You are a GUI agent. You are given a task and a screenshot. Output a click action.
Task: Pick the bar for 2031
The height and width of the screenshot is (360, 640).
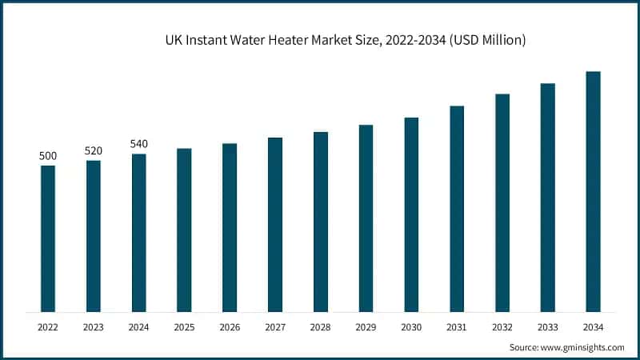(x=457, y=208)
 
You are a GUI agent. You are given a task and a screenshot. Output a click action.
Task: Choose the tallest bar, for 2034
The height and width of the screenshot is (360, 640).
(x=593, y=191)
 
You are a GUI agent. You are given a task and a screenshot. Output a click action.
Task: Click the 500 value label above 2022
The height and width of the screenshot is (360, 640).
(x=48, y=155)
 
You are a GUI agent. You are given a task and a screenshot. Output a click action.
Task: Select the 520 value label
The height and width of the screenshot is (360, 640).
(x=94, y=150)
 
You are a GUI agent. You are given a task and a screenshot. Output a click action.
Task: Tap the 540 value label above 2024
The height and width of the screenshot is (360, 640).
(x=138, y=144)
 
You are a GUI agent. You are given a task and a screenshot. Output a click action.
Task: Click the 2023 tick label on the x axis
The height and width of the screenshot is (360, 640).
(x=94, y=327)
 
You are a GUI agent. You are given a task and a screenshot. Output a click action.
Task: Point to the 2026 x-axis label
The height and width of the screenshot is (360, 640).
(x=230, y=327)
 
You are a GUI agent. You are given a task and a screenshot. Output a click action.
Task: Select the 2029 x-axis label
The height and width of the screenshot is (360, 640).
(x=366, y=327)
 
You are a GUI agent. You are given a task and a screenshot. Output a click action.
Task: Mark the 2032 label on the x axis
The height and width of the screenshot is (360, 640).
(x=502, y=327)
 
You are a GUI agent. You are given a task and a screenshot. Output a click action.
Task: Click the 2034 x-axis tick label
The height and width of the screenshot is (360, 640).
(x=593, y=327)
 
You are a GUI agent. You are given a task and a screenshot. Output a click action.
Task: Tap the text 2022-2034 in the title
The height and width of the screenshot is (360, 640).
(x=416, y=39)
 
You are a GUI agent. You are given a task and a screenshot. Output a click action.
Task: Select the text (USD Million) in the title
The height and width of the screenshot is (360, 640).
(x=488, y=39)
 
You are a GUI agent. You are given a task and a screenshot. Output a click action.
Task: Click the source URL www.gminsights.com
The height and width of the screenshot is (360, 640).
(x=582, y=347)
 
